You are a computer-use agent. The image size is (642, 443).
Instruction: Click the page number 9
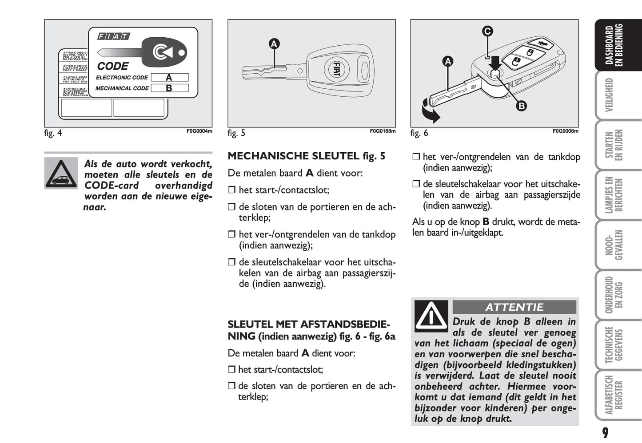pos(605,432)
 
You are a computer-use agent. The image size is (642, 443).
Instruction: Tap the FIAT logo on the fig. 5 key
pos(337,70)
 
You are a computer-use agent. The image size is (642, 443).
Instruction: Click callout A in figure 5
pos(274,44)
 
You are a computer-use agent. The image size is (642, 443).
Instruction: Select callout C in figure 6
pos(487,31)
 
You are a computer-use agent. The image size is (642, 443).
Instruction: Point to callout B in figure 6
pos(521,106)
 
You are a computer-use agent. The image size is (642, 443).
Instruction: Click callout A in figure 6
pos(448,62)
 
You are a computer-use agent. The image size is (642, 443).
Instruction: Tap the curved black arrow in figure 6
pos(430,111)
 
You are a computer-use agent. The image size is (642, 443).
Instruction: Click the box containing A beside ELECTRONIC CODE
pos(169,78)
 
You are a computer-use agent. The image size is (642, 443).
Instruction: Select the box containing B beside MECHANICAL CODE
pos(169,88)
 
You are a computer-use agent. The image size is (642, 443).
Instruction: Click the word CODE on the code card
pos(113,66)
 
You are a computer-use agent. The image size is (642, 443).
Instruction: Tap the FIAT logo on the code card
pos(113,36)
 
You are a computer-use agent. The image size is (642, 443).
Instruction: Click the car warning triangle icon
pos(61,173)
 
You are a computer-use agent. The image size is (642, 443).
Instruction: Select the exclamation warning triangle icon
pos(431,316)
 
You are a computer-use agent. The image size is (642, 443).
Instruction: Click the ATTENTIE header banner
pos(514,307)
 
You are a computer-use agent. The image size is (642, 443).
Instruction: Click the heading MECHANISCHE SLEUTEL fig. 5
pos(306,156)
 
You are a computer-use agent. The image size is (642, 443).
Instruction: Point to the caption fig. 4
pos(53,133)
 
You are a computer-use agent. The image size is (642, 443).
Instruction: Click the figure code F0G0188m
pos(383,131)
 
